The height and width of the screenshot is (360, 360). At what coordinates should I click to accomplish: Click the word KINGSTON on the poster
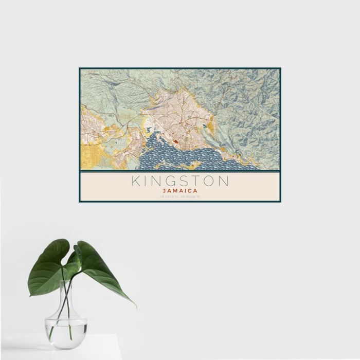point(180,181)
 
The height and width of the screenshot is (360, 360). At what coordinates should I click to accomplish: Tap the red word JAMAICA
point(180,191)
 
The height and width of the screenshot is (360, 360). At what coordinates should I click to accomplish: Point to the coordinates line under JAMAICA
point(180,196)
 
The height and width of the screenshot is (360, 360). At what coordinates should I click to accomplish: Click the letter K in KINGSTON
point(135,181)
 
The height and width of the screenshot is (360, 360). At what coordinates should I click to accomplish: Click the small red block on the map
point(176,143)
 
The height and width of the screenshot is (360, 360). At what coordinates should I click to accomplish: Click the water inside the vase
point(66,329)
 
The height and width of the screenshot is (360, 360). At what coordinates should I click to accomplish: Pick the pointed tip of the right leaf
point(136,307)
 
